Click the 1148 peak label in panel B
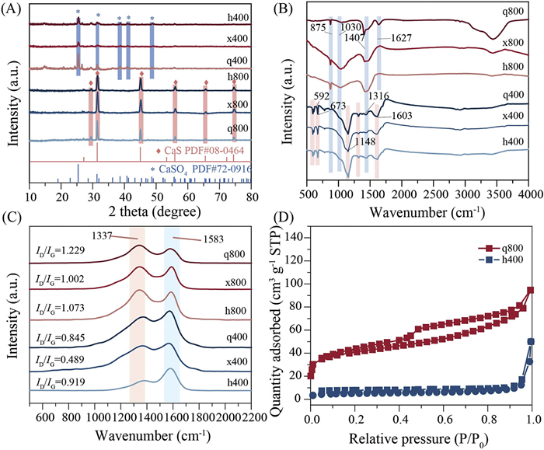click(x=365, y=142)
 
